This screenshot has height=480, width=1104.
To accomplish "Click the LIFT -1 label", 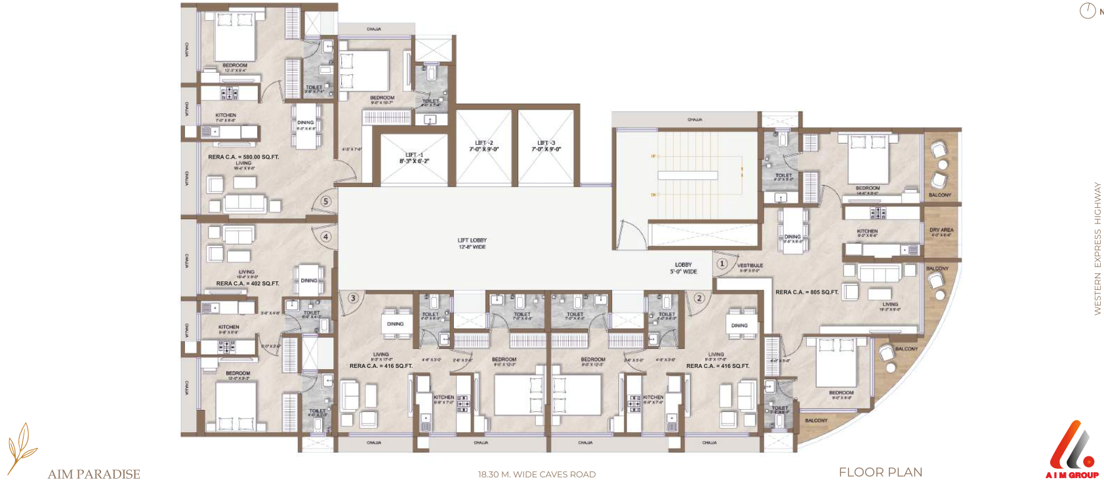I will (x=414, y=158).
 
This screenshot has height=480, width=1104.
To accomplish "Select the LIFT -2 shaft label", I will (x=483, y=146).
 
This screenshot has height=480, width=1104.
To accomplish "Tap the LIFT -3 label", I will (x=546, y=146).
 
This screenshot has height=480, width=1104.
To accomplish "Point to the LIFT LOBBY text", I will (x=472, y=243).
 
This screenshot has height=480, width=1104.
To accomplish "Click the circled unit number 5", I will (x=326, y=201).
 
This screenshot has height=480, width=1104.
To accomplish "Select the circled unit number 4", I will (x=326, y=237).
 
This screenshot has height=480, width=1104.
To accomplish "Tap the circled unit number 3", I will (x=353, y=298).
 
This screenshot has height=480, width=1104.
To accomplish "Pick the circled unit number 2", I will (x=699, y=298).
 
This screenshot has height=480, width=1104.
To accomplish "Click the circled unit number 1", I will (x=722, y=264).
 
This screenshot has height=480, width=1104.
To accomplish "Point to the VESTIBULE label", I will (x=750, y=267).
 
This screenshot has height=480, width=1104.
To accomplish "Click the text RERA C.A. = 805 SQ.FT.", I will (x=807, y=292).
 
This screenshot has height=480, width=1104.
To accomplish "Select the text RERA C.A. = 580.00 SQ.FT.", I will (x=243, y=157).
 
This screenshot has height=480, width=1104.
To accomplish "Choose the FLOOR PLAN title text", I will (x=880, y=472).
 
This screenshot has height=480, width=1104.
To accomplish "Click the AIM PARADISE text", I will (x=94, y=474).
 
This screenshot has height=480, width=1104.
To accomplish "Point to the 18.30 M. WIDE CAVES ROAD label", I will (x=537, y=474).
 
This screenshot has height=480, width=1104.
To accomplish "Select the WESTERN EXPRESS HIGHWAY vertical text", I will (x=1097, y=249).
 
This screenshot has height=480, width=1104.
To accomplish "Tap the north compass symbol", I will (x=1088, y=10).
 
